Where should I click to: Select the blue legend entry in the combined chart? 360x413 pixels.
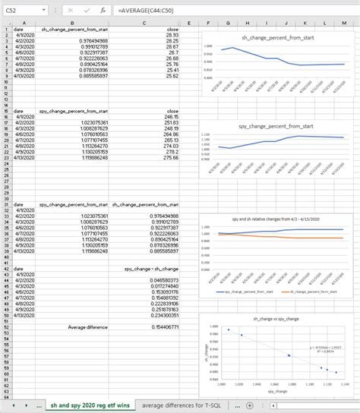pyautogui.click(x=244, y=290)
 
